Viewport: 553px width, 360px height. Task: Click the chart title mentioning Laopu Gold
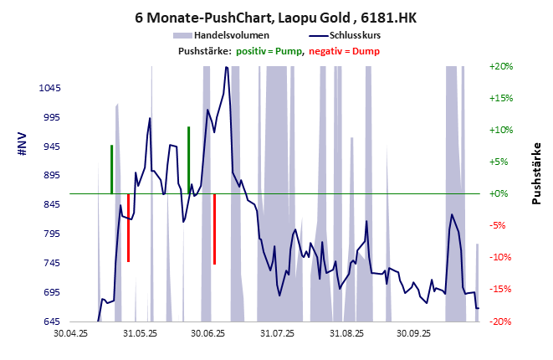coord(276,16)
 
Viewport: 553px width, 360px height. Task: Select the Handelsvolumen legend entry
coord(227,35)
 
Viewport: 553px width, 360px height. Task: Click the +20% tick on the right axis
coord(500,66)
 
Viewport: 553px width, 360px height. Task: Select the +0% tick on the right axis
coord(500,193)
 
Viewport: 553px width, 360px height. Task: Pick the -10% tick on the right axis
coord(500,258)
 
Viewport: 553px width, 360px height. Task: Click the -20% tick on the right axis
coord(500,321)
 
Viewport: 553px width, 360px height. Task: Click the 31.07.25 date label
coord(278,333)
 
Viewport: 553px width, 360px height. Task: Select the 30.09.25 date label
coord(415,333)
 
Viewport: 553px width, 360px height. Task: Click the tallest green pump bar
coord(189,159)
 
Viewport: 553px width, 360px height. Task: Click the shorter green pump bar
coord(111,169)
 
